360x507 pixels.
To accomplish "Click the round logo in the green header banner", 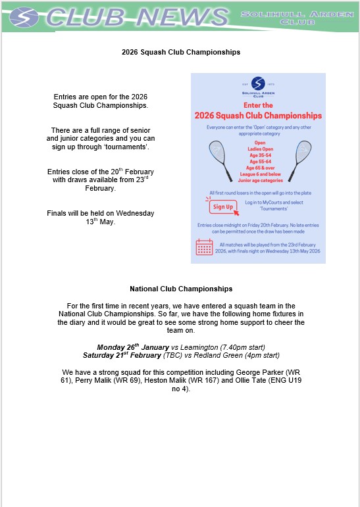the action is [24, 17].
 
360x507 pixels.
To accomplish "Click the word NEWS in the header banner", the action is [182, 17].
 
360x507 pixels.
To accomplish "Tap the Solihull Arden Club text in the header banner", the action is [297, 18].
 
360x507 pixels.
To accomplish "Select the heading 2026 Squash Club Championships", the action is [181, 52].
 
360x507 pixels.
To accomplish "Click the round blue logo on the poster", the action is [258, 84].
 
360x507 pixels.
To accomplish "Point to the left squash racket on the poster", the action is [220, 160].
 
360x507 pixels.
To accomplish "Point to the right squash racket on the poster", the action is [300, 160].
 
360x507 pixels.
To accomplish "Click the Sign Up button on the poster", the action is [223, 207].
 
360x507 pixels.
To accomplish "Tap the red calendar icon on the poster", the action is [204, 247].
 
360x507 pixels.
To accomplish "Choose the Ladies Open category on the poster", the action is [260, 149].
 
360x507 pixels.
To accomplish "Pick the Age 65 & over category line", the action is [260, 168].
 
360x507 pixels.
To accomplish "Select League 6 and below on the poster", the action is [260, 174].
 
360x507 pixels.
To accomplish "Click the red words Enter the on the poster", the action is [258, 105].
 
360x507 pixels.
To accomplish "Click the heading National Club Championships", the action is [181, 289].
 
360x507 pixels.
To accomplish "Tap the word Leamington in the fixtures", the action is [199, 347].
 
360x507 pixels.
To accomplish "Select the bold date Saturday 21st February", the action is [122, 355].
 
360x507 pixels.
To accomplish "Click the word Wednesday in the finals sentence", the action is [135, 213].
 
